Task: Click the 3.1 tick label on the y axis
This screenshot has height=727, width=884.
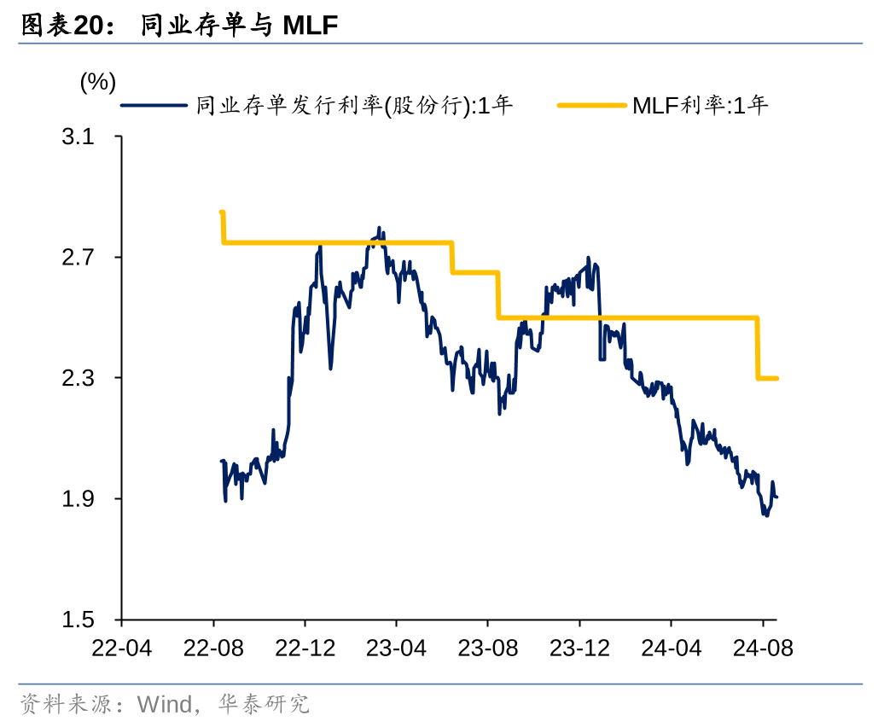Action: click(x=79, y=137)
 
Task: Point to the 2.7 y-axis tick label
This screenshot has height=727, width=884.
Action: click(x=79, y=258)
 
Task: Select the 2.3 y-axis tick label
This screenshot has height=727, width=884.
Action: click(x=79, y=378)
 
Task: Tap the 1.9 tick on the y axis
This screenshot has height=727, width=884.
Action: click(x=79, y=499)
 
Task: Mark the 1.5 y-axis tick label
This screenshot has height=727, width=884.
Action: click(x=79, y=619)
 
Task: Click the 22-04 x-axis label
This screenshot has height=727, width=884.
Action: click(x=121, y=648)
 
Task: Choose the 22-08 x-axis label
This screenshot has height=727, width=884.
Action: click(x=213, y=648)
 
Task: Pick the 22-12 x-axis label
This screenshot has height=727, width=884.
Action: click(x=305, y=648)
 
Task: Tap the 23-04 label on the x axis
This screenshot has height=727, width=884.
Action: click(x=396, y=648)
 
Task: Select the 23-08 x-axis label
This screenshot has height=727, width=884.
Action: click(x=488, y=648)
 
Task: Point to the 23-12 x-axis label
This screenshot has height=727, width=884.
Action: click(x=579, y=648)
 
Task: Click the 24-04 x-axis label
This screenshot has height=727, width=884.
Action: click(x=672, y=648)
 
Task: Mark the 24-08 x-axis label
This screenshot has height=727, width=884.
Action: click(x=763, y=648)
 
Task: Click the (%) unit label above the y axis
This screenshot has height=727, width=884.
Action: click(x=97, y=82)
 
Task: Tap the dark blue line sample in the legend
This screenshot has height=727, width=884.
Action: click(x=154, y=106)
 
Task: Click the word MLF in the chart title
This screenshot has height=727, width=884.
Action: click(x=311, y=26)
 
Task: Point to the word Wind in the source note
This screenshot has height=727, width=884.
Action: click(x=165, y=705)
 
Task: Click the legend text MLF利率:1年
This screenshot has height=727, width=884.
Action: click(x=701, y=106)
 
